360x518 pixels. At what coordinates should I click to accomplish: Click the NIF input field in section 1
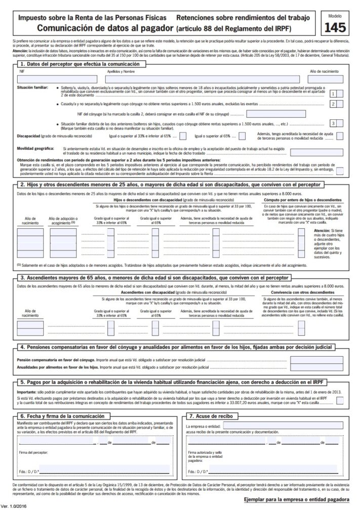click(56, 78)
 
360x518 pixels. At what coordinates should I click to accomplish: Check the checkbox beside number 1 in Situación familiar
click(341, 93)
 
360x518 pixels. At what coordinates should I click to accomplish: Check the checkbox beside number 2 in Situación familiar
click(341, 104)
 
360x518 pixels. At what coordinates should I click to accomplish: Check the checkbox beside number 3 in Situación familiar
click(341, 123)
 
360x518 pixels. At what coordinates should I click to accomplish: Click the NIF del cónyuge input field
click(276, 114)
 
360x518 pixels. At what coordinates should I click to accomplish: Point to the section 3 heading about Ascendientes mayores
click(154, 278)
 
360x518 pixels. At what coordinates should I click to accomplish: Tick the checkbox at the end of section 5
click(340, 400)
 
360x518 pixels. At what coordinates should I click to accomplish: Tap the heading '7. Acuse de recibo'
click(212, 416)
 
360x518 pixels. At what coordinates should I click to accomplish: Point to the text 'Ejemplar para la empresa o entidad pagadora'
click(297, 499)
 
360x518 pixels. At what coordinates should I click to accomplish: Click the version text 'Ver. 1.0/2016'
click(16, 507)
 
